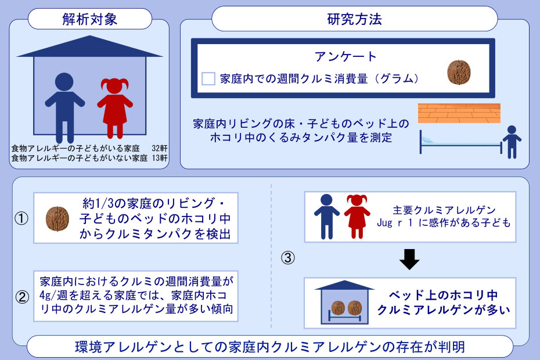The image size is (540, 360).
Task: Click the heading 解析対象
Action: tap(89, 19)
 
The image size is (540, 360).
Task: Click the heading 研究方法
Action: tap(354, 19)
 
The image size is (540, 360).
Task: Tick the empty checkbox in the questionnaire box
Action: tap(208, 78)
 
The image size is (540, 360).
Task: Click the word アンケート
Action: tap(345, 56)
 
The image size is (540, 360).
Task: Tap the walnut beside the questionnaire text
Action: tap(459, 72)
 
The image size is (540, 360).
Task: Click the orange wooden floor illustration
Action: tap(459, 113)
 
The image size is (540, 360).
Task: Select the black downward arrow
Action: tap(409, 259)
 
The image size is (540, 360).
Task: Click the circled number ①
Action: tap(21, 218)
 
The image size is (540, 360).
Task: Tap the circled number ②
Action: tap(22, 297)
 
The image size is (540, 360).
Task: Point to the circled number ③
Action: tap(288, 258)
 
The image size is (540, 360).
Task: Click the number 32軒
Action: tap(160, 148)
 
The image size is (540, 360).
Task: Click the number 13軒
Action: tap(160, 158)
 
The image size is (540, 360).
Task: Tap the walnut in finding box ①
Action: tap(57, 219)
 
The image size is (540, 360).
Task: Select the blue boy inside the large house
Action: tap(64, 107)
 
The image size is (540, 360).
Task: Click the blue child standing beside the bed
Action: tap(512, 142)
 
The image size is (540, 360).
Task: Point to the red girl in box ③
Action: tap(357, 217)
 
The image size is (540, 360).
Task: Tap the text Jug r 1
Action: tap(395, 223)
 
